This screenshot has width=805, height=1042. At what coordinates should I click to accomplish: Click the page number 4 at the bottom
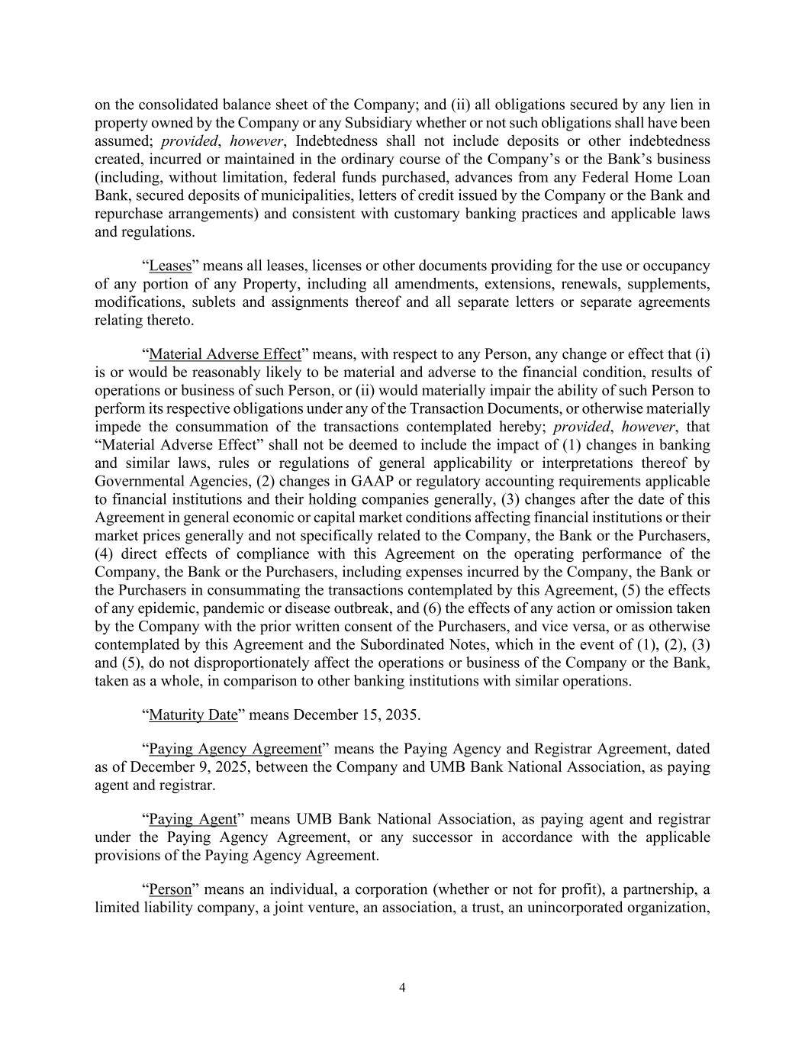coord(402,988)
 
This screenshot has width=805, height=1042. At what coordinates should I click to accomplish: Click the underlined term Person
coord(170,890)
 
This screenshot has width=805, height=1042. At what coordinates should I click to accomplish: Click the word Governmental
coord(137,481)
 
